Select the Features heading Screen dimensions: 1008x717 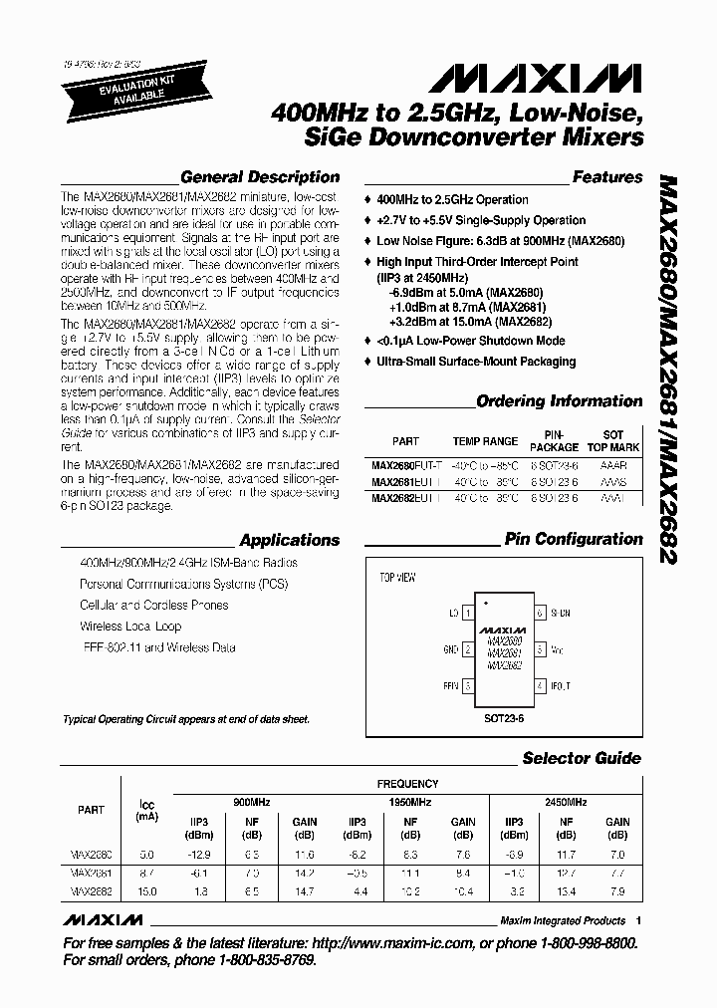point(606,177)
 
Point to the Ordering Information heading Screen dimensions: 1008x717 point(559,401)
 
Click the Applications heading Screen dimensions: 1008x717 point(290,540)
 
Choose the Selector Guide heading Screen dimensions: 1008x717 point(582,758)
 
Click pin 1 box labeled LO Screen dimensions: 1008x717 point(466,614)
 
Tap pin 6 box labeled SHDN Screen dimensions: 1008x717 point(540,614)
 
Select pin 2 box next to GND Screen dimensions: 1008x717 point(466,649)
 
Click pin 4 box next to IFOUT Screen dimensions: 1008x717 point(540,686)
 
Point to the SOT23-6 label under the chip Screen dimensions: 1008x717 point(503,715)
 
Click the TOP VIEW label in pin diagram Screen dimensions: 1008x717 point(397,578)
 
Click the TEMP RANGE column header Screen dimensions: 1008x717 point(485,440)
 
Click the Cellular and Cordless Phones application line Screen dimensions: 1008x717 point(153,605)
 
